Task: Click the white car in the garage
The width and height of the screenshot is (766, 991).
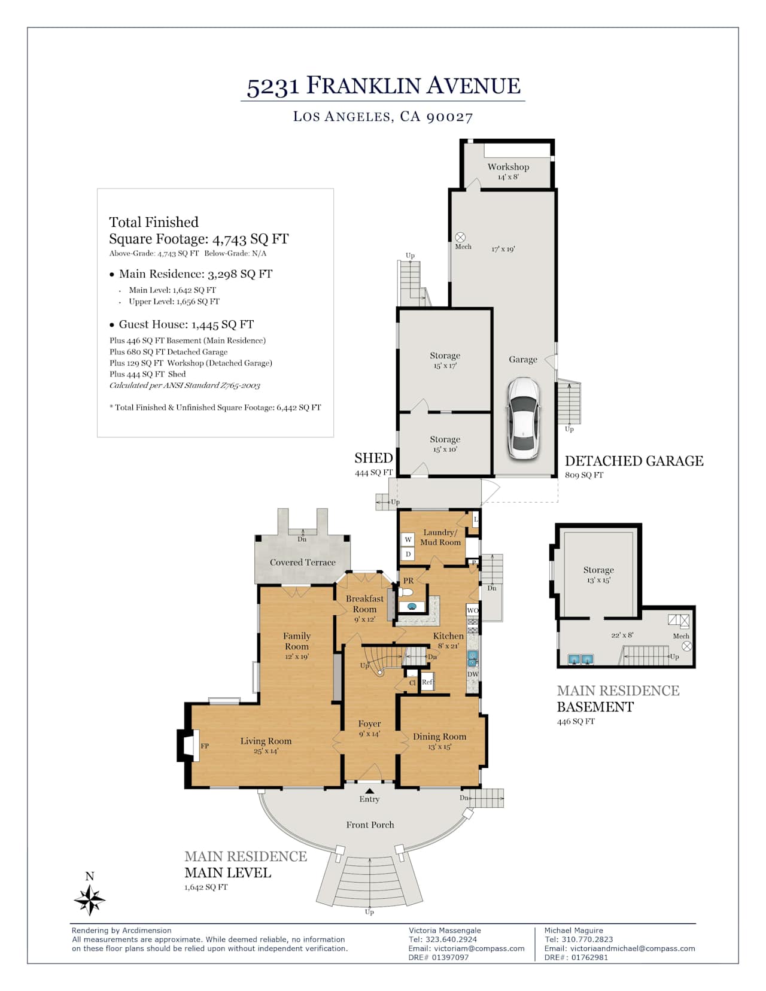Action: (524, 418)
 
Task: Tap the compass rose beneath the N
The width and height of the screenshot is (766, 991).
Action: (90, 900)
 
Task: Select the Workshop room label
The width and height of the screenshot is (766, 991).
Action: (509, 167)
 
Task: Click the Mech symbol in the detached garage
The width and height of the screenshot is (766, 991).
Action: (461, 237)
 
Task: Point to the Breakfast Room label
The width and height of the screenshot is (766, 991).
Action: (365, 603)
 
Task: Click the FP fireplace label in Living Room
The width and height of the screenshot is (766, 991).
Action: (205, 746)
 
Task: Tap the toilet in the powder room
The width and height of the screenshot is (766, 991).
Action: (406, 592)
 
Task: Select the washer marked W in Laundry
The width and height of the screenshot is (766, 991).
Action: (408, 540)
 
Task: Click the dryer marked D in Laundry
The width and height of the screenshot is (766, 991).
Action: (408, 554)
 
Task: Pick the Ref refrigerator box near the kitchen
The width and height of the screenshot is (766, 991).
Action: (427, 682)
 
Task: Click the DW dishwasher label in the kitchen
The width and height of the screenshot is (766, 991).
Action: (473, 674)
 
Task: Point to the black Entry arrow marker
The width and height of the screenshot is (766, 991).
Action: (370, 791)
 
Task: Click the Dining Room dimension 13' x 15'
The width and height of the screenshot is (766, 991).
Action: (439, 747)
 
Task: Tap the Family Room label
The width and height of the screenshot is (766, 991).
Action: (297, 641)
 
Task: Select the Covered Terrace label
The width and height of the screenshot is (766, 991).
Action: (303, 563)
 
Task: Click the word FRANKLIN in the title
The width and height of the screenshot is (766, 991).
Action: (363, 86)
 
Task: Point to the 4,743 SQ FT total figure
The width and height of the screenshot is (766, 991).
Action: (250, 239)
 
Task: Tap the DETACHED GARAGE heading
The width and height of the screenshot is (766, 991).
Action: (634, 461)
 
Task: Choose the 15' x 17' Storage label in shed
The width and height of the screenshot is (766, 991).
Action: (445, 366)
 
